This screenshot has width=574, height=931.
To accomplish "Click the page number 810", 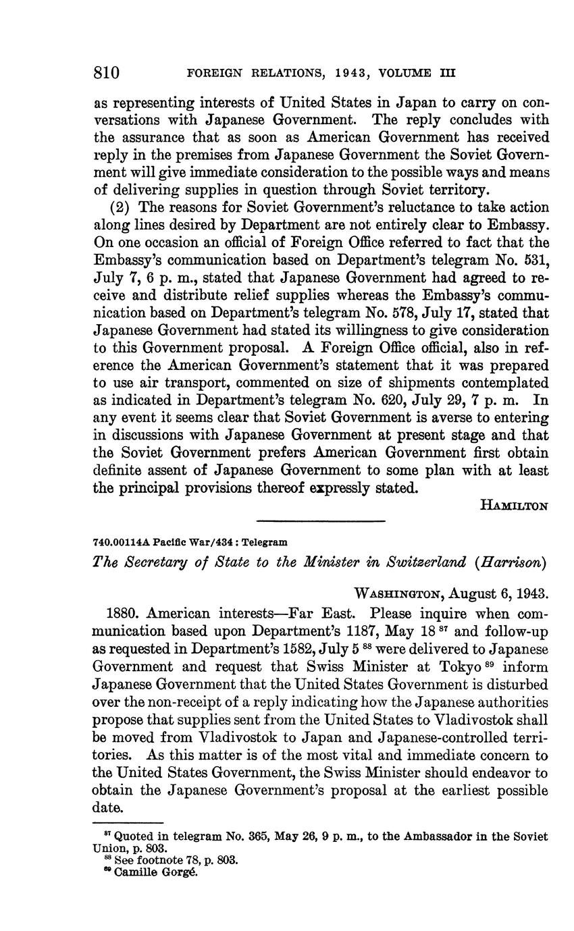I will coord(107,72).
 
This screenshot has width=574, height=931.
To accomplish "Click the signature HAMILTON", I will coord(515,504).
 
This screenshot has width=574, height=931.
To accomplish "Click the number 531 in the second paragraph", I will coord(535,260).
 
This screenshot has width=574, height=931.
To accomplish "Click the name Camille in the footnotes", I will coord(134,872).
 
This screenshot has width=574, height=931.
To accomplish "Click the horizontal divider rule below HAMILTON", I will coord(321,521).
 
